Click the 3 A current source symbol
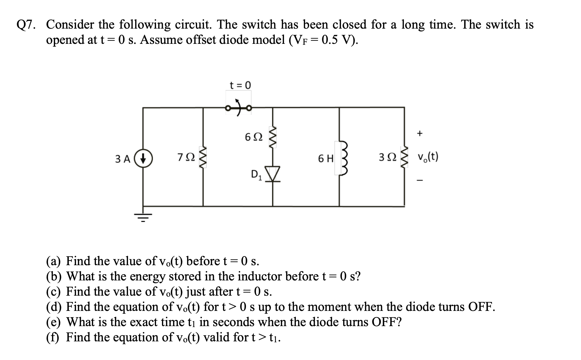[143, 159]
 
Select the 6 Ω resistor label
[254, 137]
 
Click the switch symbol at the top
[239, 108]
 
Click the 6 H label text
[326, 159]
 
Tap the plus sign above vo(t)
[420, 134]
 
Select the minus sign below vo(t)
[420, 181]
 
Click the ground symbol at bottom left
[143, 216]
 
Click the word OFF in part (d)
[481, 307]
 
